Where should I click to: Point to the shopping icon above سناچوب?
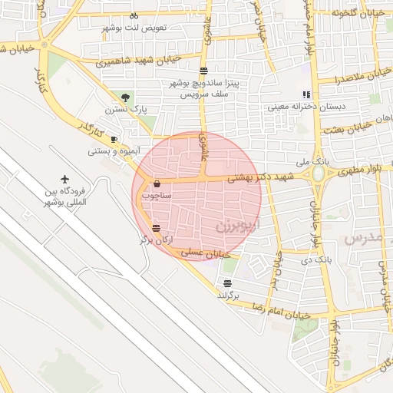click(x=157, y=183)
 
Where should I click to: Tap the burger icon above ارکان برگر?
click(x=156, y=228)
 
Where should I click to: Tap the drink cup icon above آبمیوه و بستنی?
click(x=114, y=139)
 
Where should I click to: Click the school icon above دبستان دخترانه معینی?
click(x=306, y=96)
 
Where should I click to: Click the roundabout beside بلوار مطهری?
click(x=318, y=175)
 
